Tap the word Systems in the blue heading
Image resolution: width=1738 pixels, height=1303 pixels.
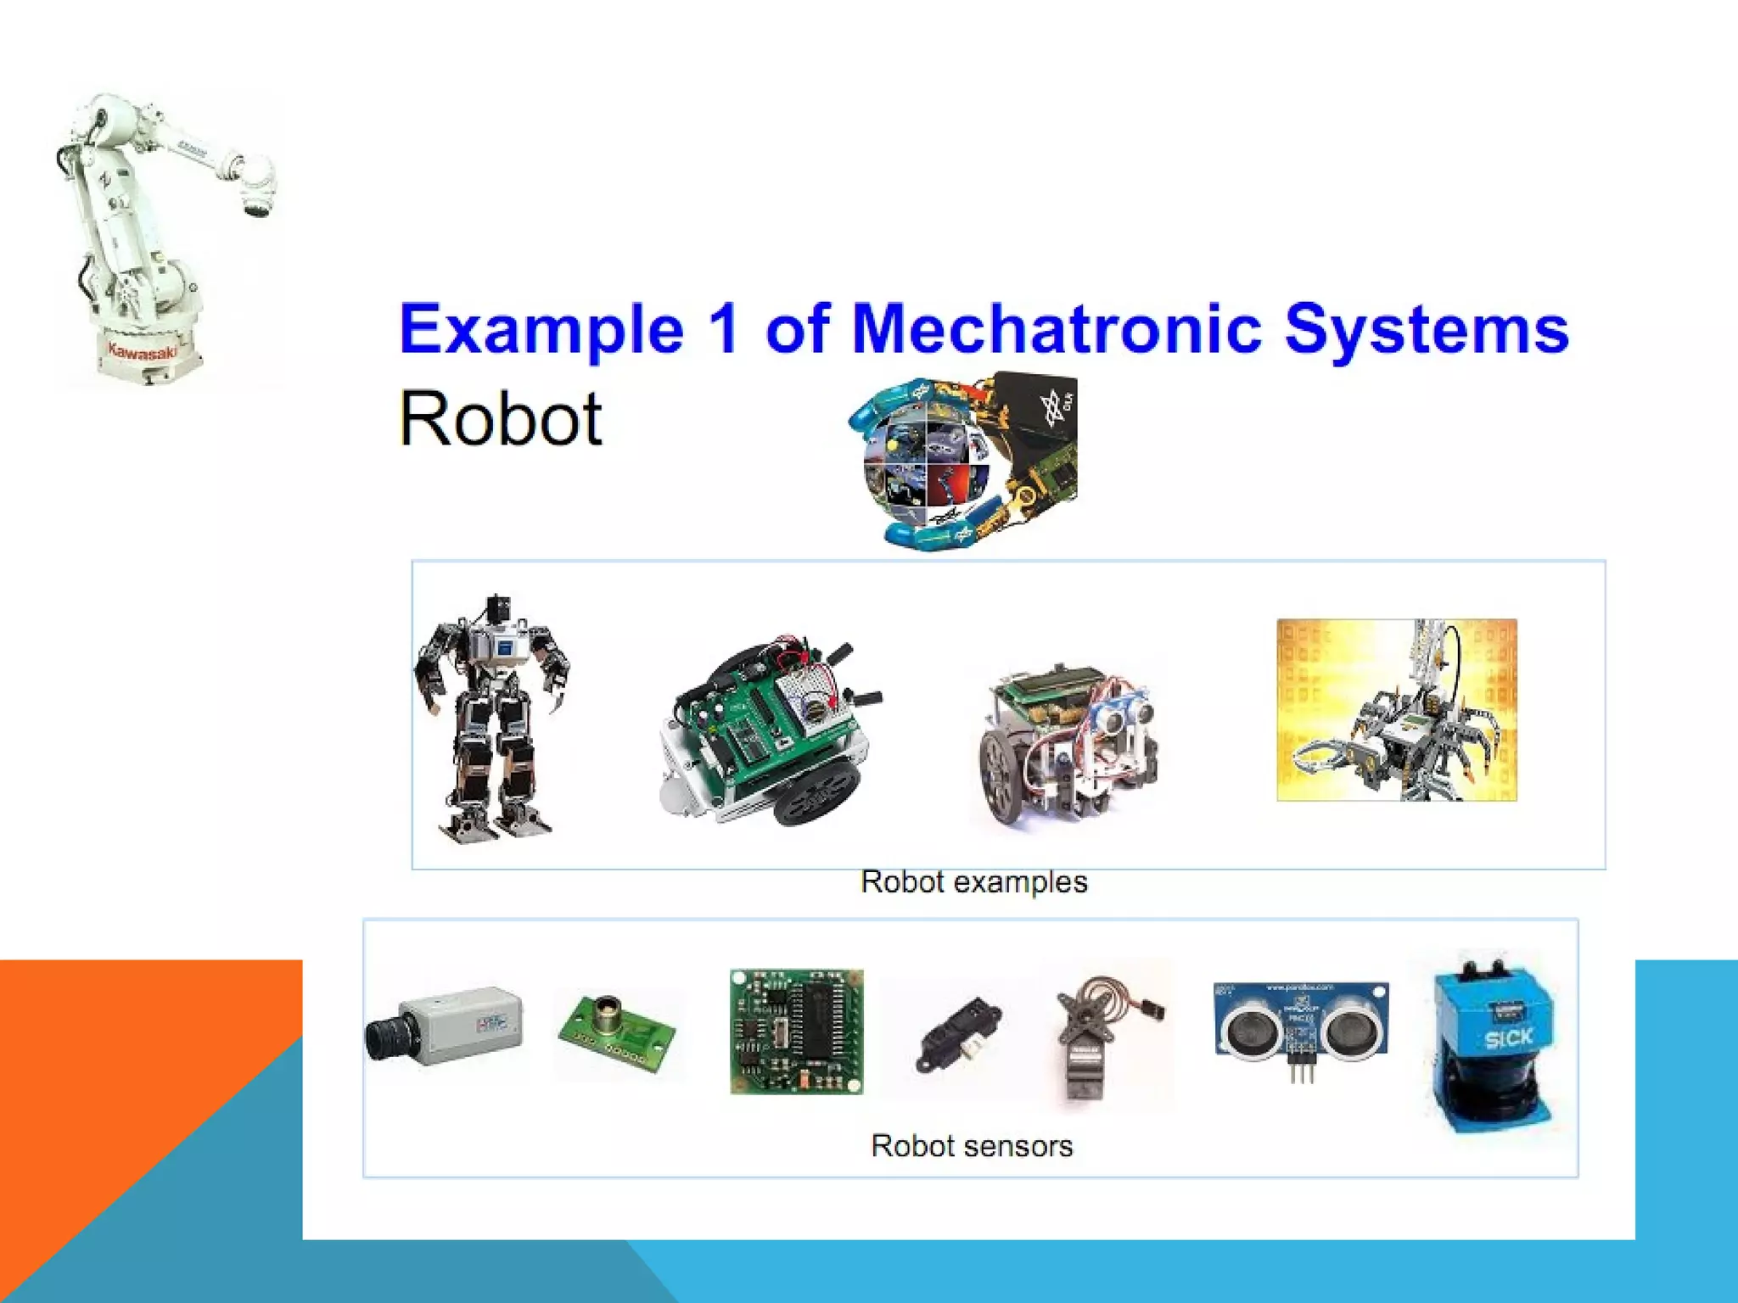pyautogui.click(x=1426, y=331)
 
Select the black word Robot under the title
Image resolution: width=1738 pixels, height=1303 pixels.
pyautogui.click(x=501, y=419)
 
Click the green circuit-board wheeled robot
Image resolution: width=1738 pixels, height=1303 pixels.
pyautogui.click(x=768, y=730)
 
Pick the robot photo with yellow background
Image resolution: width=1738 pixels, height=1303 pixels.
pyautogui.click(x=1396, y=709)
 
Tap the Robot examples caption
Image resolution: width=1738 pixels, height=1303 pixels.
pyautogui.click(x=973, y=882)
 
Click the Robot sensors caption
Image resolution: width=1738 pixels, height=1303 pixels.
pyautogui.click(x=972, y=1146)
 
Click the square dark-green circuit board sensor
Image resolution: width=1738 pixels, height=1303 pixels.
pyautogui.click(x=796, y=1032)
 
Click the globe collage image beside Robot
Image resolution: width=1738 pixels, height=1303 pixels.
pyautogui.click(x=964, y=460)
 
